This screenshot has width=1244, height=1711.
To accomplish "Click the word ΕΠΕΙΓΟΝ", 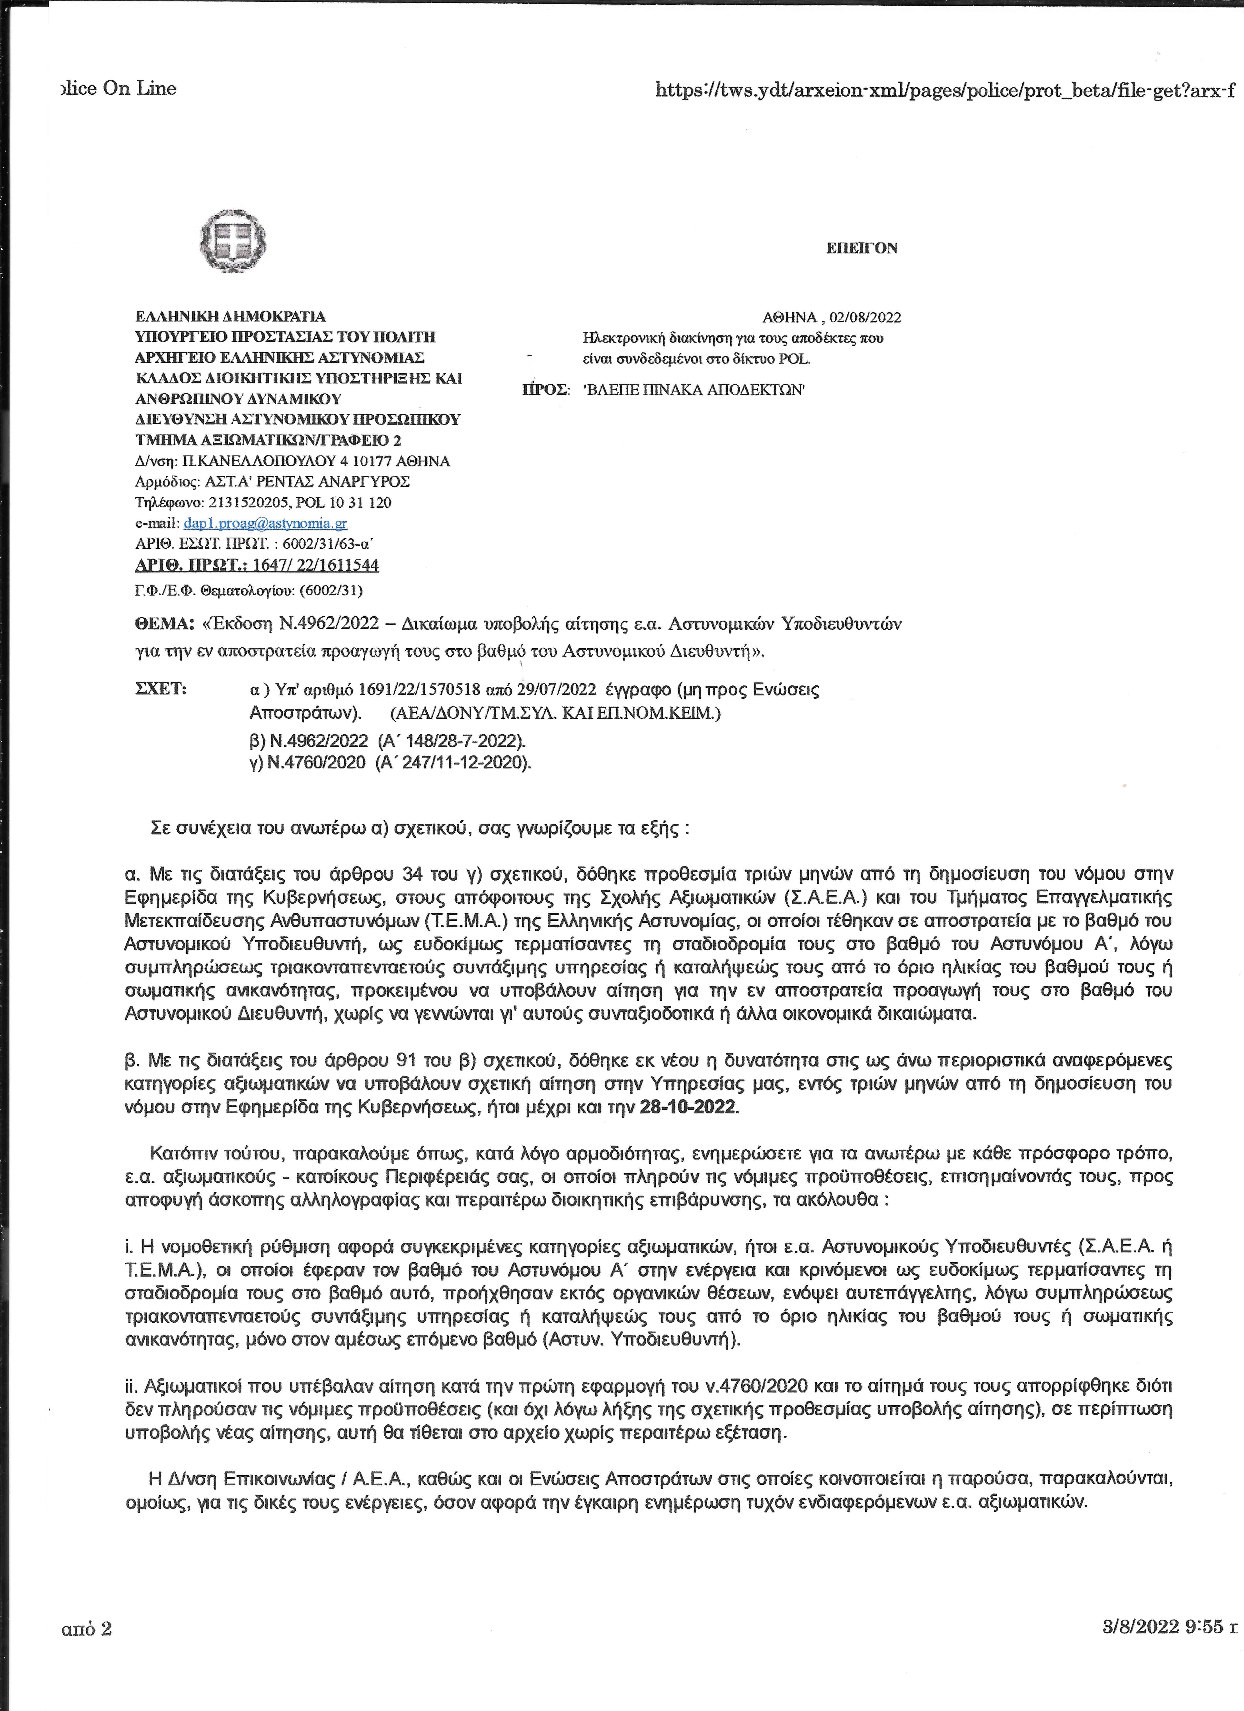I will coord(862,248).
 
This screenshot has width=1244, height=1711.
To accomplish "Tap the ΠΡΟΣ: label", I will coord(545,390).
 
